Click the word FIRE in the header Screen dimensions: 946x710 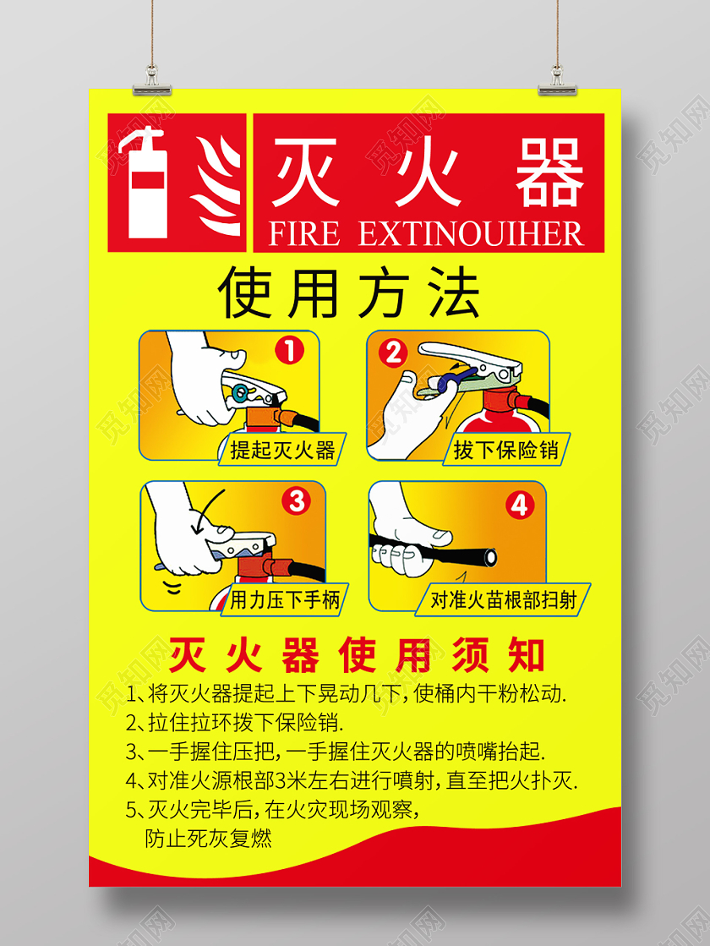(303, 233)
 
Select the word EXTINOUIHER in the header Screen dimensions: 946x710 (471, 233)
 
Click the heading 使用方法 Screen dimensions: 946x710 (348, 293)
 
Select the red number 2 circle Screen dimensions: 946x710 (392, 353)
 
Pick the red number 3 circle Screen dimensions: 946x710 (296, 501)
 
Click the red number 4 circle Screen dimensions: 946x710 (519, 505)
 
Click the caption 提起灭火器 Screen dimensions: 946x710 (282, 449)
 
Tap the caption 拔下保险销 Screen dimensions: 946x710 (505, 450)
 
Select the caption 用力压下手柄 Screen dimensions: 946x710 (285, 600)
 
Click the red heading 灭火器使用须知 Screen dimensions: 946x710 (357, 654)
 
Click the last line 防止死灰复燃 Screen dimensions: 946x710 (208, 839)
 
